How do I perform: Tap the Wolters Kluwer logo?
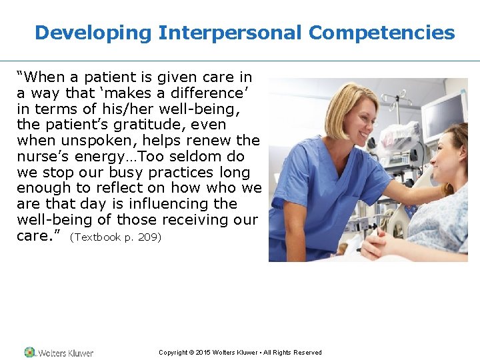point(59,353)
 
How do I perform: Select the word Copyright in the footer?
point(173,353)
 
